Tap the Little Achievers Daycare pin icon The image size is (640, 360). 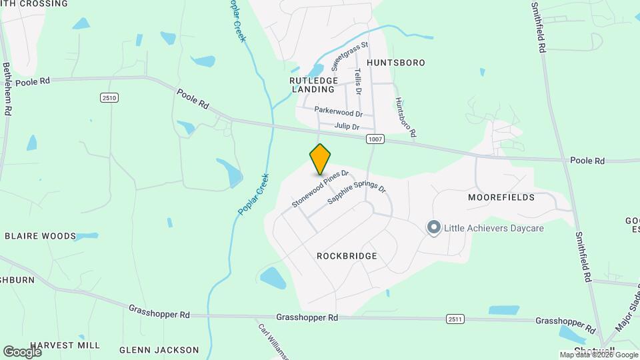point(434,227)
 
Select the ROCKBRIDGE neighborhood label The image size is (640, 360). point(347,256)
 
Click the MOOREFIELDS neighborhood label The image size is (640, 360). point(501,198)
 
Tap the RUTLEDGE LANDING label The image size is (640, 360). point(312,85)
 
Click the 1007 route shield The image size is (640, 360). point(375,139)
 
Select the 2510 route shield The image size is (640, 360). point(109,98)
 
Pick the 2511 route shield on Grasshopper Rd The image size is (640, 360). point(455,319)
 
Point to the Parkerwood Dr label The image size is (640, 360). point(338,113)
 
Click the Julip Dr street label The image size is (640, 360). point(347,127)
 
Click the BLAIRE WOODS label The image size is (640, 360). point(41,236)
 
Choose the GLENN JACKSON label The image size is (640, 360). point(159,349)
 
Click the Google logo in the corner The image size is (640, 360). point(23,351)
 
